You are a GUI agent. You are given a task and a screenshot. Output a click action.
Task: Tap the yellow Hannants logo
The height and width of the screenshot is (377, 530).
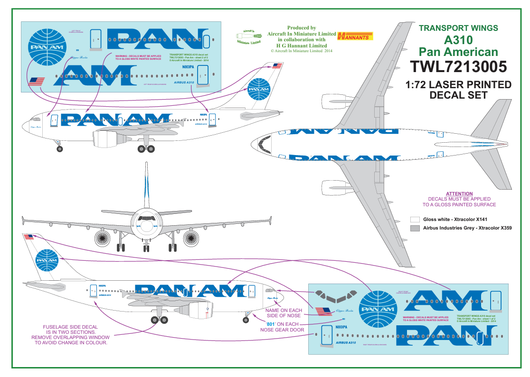pos(355,36)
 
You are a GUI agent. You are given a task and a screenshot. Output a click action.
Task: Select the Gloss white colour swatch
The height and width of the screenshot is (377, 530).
pos(415,220)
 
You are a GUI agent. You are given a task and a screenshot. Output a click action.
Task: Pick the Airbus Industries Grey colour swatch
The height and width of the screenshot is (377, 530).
pos(415,228)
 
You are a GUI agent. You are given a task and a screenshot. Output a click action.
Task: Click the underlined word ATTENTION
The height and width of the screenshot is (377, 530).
pos(459,193)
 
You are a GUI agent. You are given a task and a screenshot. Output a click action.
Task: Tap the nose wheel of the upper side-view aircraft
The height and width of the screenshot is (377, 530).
pos(59,149)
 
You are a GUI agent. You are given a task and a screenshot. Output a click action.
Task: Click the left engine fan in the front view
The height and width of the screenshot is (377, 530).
pos(103,238)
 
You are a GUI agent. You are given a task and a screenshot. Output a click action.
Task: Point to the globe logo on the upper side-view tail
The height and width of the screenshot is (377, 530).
pos(258,88)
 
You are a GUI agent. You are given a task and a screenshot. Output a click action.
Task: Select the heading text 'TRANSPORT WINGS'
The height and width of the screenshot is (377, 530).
pos(458,28)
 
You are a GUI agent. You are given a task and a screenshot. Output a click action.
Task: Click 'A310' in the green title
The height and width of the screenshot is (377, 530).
pos(458,40)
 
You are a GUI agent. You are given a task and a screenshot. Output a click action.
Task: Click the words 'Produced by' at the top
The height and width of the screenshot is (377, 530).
pos(302,28)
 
